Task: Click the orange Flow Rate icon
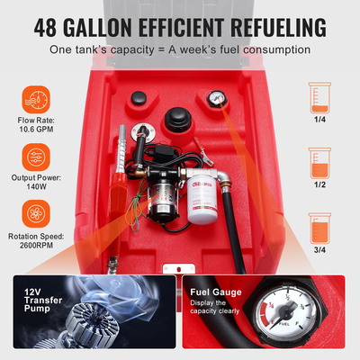pos(35,96)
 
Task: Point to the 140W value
pos(35,188)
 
